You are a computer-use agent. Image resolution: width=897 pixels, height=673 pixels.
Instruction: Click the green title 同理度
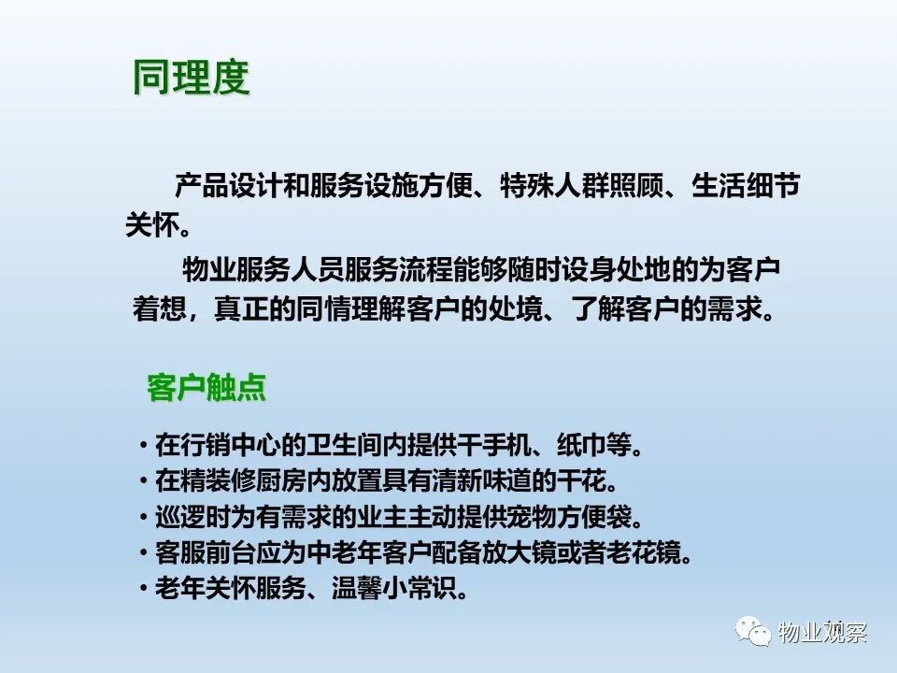point(191,77)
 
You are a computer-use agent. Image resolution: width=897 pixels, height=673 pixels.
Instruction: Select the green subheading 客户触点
point(206,387)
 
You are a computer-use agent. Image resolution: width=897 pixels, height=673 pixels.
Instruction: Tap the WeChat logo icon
point(753,631)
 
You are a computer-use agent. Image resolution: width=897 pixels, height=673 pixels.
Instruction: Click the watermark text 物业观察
point(822,632)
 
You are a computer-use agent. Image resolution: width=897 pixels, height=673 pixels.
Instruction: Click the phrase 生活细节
point(746,185)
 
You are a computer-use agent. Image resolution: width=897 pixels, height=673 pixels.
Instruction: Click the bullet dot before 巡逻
point(143,517)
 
